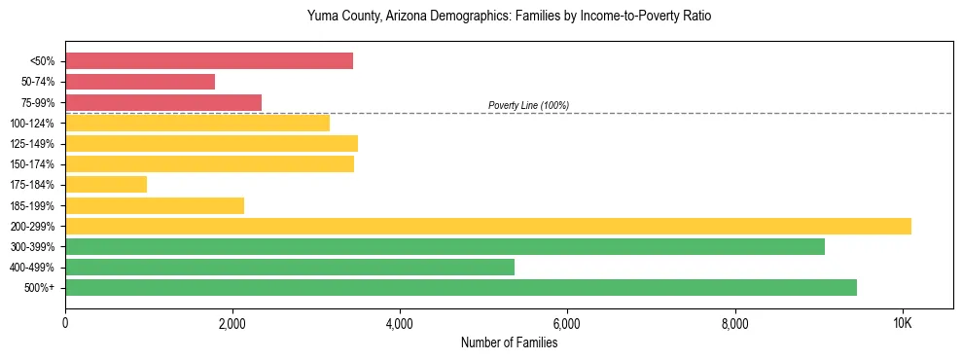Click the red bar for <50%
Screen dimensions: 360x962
209,61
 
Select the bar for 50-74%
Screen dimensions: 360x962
140,82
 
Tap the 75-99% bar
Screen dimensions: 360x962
163,102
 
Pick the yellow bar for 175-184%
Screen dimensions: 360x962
106,184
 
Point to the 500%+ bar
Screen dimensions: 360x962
461,287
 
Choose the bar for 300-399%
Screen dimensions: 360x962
445,246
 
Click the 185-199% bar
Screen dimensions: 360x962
155,205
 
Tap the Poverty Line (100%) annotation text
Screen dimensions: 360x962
528,105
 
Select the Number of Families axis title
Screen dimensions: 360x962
510,342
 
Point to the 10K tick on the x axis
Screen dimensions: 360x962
902,323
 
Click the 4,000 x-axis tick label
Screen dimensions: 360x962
400,323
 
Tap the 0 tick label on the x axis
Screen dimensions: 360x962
65,323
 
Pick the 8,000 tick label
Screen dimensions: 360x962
734,323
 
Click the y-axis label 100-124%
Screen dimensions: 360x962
32,124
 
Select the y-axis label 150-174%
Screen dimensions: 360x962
32,164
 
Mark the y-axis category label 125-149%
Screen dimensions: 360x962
32,144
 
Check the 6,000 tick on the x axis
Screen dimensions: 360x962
567,323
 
